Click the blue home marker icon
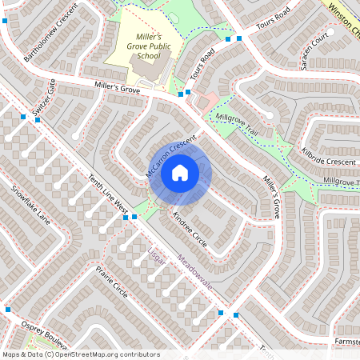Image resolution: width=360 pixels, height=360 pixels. [180, 173]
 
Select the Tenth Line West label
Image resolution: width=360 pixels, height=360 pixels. [109, 194]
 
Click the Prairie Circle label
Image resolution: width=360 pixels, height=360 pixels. [111, 281]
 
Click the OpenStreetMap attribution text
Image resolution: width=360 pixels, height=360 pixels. [81, 354]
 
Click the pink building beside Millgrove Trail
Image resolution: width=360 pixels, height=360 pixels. [206, 102]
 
